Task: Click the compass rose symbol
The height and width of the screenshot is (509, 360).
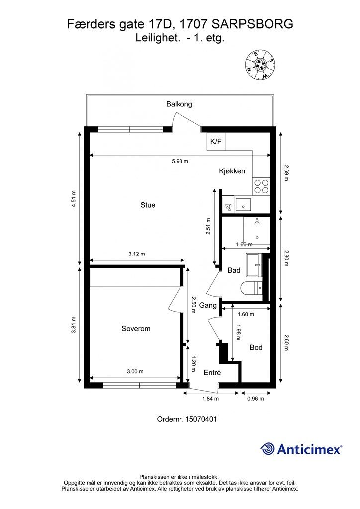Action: (260, 65)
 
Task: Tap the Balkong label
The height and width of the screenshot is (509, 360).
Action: (179, 104)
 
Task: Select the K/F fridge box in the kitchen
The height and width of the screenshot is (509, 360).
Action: (216, 142)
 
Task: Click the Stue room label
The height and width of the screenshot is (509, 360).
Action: (148, 205)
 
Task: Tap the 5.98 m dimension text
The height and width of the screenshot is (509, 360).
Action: (180, 161)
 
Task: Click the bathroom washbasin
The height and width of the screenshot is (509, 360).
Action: (254, 265)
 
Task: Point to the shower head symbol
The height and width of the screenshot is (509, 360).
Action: (257, 221)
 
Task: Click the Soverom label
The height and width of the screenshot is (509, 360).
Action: (136, 329)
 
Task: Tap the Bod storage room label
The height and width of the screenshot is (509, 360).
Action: (256, 347)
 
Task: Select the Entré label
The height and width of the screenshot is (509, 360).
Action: (212, 373)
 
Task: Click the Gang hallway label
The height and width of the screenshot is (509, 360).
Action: (208, 305)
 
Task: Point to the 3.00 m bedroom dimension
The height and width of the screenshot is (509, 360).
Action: (135, 372)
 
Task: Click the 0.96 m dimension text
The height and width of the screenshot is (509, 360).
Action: (256, 399)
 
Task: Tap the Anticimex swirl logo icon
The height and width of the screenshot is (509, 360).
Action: (268, 449)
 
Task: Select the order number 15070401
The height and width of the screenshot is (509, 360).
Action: (201, 419)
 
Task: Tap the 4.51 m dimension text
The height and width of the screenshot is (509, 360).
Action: (74, 198)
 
